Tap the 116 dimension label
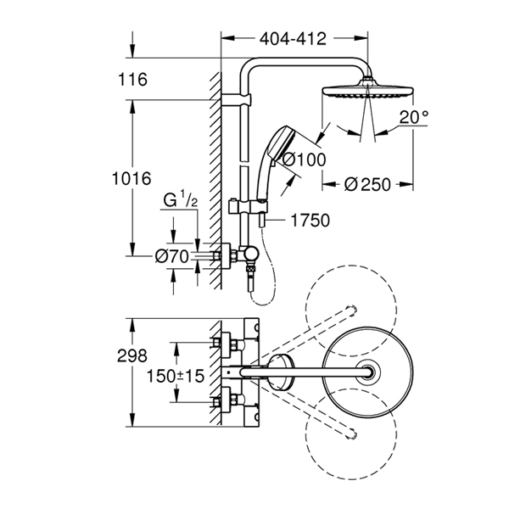(133, 80)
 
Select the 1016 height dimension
(131, 179)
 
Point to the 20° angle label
(411, 118)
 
